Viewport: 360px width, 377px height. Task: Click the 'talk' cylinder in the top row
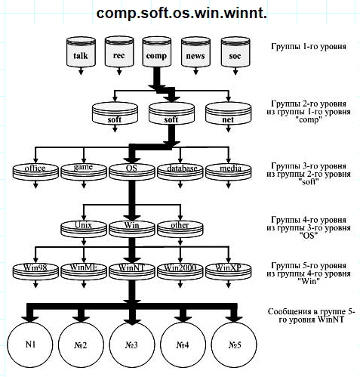(x=81, y=51)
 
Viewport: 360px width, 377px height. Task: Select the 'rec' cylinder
(x=119, y=51)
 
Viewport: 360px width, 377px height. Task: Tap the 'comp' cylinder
(x=157, y=51)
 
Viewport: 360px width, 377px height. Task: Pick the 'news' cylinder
(x=195, y=52)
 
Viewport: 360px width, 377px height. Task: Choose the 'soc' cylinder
(x=235, y=52)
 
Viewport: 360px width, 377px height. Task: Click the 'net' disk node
(x=228, y=113)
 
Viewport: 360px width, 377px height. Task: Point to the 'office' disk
(x=35, y=172)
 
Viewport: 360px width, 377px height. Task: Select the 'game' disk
(x=84, y=172)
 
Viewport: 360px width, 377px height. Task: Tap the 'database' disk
(x=180, y=172)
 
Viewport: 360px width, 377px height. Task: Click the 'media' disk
(x=229, y=172)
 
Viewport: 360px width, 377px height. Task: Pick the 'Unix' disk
(x=84, y=229)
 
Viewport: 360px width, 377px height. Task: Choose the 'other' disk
(x=180, y=229)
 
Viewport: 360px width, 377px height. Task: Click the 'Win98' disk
(x=35, y=271)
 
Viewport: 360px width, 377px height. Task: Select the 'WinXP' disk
(x=229, y=271)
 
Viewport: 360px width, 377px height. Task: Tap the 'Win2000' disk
(x=180, y=271)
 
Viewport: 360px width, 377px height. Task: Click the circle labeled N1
(x=30, y=345)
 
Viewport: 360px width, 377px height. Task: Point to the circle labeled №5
(x=234, y=345)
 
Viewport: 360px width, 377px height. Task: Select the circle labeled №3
(x=132, y=345)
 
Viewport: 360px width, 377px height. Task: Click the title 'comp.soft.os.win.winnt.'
(x=181, y=13)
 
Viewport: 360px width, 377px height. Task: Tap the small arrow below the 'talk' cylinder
(x=81, y=71)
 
